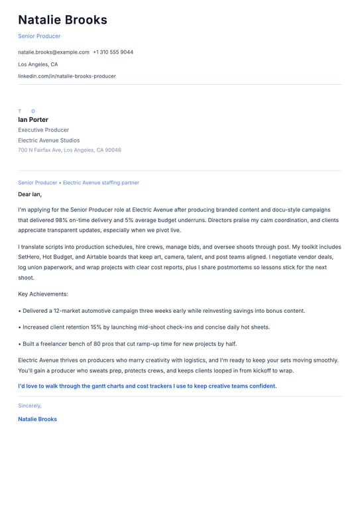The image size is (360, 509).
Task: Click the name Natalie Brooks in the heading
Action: tap(62, 20)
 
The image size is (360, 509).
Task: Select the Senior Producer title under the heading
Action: tap(39, 36)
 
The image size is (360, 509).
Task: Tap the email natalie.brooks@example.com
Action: tap(54, 52)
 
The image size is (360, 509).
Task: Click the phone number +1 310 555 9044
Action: tap(113, 52)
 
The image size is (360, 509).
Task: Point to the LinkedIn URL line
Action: tap(67, 76)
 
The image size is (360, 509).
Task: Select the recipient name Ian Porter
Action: tap(33, 120)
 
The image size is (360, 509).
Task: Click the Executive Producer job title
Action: tap(44, 130)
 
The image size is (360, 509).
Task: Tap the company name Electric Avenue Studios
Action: tap(49, 141)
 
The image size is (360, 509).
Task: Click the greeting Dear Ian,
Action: tap(30, 194)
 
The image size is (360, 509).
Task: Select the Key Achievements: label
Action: tap(43, 294)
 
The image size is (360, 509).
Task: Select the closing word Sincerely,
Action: tap(30, 406)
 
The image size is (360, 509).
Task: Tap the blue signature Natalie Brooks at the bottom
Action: tap(37, 419)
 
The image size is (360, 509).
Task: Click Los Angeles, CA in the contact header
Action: tap(38, 64)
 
